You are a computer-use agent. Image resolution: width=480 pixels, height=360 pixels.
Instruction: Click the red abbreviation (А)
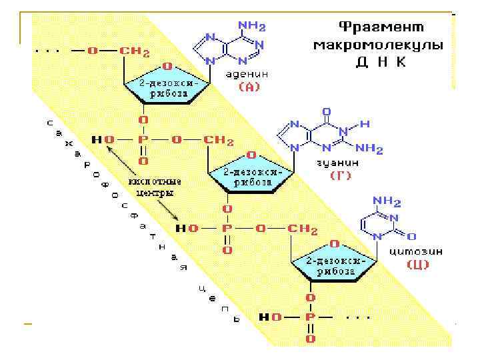tap(249, 87)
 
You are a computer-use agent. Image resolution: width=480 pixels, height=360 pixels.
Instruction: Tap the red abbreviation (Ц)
tap(418, 265)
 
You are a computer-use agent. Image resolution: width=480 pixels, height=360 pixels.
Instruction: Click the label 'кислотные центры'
tap(155, 187)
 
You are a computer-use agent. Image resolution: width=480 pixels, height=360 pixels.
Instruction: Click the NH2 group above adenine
tap(252, 27)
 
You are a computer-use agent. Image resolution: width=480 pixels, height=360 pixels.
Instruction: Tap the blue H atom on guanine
tap(364, 124)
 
